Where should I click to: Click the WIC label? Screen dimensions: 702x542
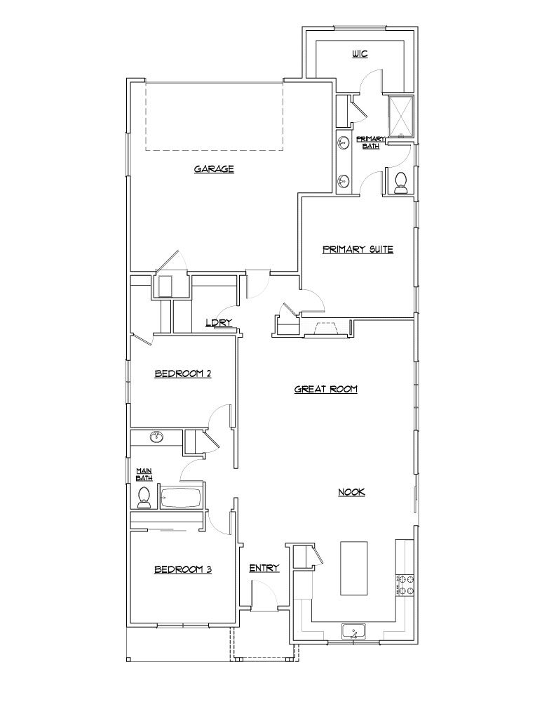pyautogui.click(x=360, y=53)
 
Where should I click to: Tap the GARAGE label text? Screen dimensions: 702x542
pyautogui.click(x=214, y=168)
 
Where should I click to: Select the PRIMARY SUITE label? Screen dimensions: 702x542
pyautogui.click(x=358, y=249)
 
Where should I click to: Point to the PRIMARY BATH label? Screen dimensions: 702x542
pyautogui.click(x=370, y=143)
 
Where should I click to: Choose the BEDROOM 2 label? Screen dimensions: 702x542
pyautogui.click(x=183, y=374)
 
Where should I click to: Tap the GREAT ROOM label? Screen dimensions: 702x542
pyautogui.click(x=326, y=388)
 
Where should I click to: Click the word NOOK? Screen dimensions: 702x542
pyautogui.click(x=352, y=492)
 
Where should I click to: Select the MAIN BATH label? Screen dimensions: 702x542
pyautogui.click(x=144, y=474)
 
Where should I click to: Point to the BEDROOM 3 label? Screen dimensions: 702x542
pyautogui.click(x=183, y=569)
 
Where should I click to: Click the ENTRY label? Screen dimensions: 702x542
pyautogui.click(x=264, y=568)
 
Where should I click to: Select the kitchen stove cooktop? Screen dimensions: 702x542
pyautogui.click(x=405, y=584)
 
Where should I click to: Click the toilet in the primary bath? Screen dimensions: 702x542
pyautogui.click(x=401, y=183)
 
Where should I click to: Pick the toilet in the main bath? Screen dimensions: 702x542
pyautogui.click(x=144, y=498)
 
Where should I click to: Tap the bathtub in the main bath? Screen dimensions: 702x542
pyautogui.click(x=181, y=498)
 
